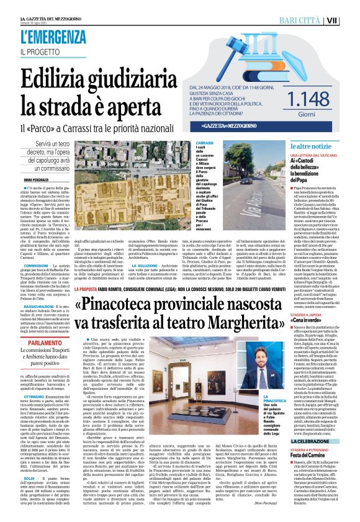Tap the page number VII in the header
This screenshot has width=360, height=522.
coord(349,20)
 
